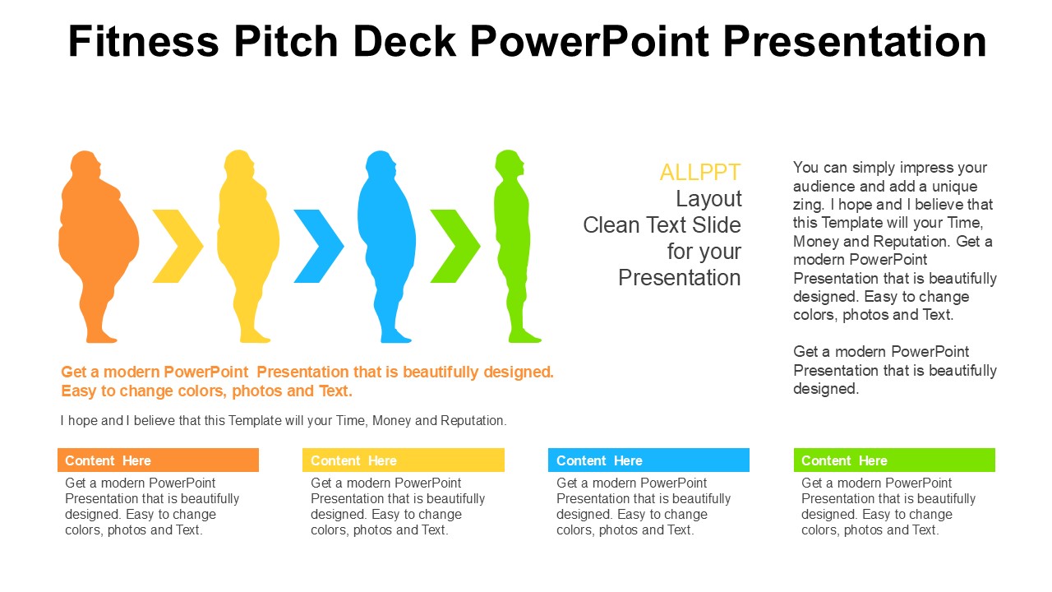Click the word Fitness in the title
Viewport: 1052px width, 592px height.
(x=144, y=41)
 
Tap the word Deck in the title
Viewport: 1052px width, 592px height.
(x=404, y=41)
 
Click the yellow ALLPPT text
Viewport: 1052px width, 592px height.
(x=700, y=173)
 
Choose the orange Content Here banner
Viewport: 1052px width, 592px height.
(x=159, y=460)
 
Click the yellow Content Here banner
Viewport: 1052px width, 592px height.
(x=404, y=460)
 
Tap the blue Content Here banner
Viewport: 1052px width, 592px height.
(x=648, y=460)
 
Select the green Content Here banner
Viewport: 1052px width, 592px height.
(x=894, y=460)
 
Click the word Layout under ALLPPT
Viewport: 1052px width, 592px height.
(x=708, y=199)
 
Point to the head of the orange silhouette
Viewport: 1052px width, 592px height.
(x=85, y=164)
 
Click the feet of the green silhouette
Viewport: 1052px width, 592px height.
(x=524, y=337)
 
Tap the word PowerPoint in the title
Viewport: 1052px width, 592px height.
(x=590, y=41)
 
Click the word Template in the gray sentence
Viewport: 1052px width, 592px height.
(x=256, y=420)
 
